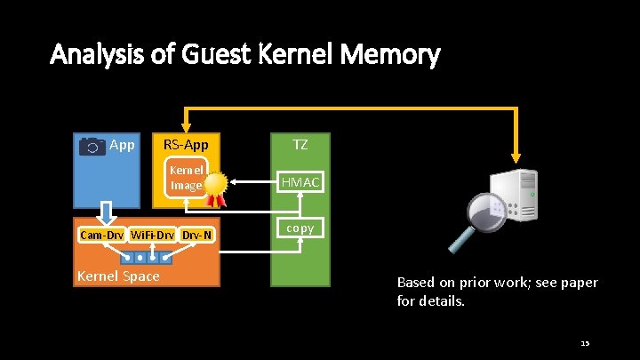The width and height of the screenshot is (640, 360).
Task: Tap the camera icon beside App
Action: pyautogui.click(x=92, y=146)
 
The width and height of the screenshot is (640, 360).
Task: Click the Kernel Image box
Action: pyautogui.click(x=187, y=177)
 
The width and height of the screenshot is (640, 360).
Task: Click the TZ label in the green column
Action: pyautogui.click(x=300, y=142)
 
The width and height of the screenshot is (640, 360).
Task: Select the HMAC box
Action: pyautogui.click(x=300, y=182)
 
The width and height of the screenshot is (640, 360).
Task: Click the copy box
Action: pyautogui.click(x=300, y=228)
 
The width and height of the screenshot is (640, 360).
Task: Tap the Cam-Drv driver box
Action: pyautogui.click(x=102, y=236)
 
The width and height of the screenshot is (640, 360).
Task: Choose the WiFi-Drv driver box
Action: pyautogui.click(x=153, y=236)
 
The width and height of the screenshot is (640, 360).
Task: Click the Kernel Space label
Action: pyautogui.click(x=118, y=276)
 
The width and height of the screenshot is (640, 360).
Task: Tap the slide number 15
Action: pyautogui.click(x=584, y=342)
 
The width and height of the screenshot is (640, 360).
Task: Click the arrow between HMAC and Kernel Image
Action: pyautogui.click(x=252, y=182)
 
